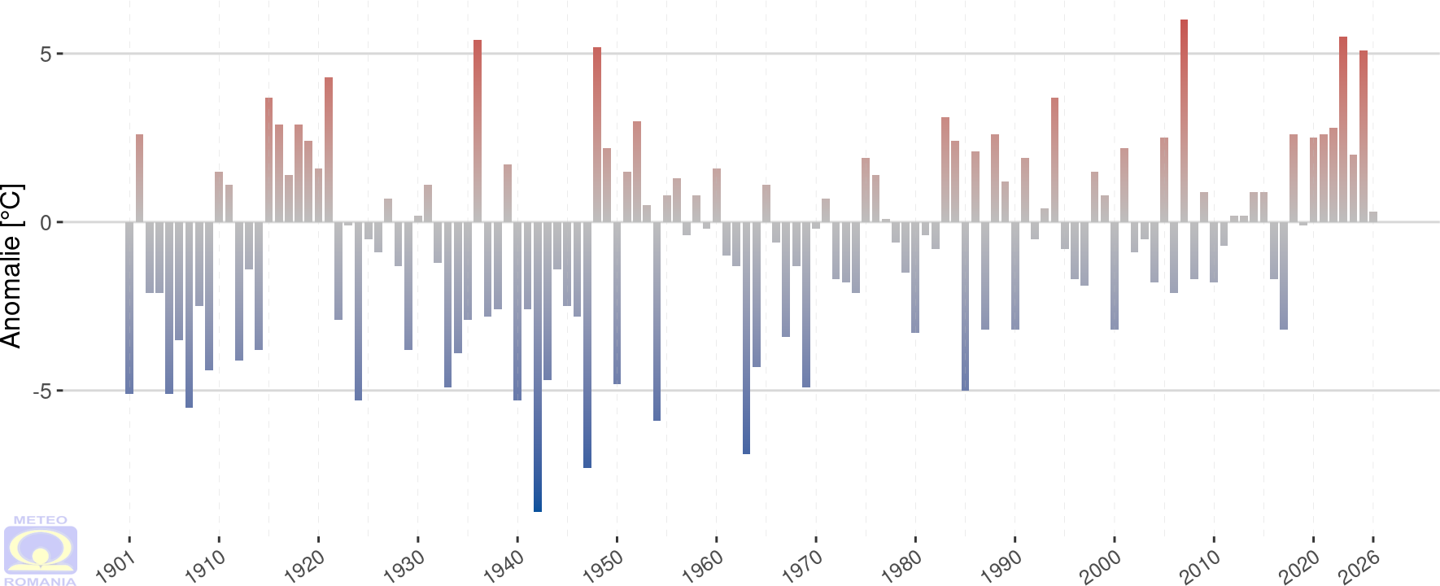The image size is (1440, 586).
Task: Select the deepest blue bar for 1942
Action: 538,366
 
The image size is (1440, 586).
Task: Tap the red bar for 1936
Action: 478,130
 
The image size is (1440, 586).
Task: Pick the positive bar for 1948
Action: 597,134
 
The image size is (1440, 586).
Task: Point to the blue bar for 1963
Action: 746,338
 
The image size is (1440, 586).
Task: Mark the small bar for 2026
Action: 1373,216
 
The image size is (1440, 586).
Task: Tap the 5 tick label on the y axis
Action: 46,55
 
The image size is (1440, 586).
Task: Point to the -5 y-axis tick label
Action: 42,391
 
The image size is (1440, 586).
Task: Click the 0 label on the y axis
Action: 46,223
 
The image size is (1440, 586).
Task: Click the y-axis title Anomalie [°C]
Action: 11,266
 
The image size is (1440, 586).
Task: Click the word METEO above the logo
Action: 41,520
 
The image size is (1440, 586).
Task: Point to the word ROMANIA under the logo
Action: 41,581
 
